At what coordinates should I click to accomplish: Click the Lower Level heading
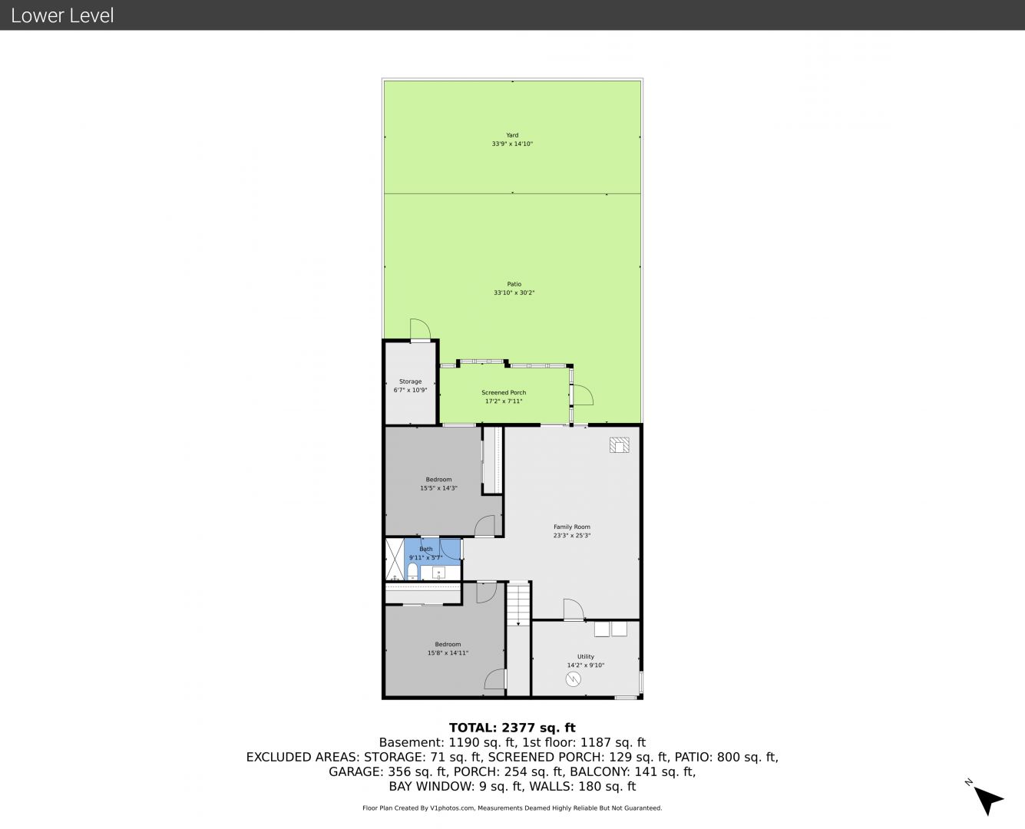pyautogui.click(x=62, y=15)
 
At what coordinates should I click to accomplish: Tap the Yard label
pyautogui.click(x=512, y=135)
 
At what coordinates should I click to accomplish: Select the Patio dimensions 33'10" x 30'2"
pyautogui.click(x=514, y=292)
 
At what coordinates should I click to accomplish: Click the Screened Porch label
pyautogui.click(x=504, y=392)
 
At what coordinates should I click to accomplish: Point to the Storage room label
pyautogui.click(x=410, y=381)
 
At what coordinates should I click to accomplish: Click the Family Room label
pyautogui.click(x=572, y=527)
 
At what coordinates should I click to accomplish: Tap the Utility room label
pyautogui.click(x=586, y=657)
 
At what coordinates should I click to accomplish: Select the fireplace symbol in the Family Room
pyautogui.click(x=620, y=445)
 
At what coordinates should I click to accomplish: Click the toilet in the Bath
pyautogui.click(x=412, y=571)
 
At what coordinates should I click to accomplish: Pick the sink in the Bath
pyautogui.click(x=439, y=573)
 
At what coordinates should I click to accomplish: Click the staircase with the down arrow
pyautogui.click(x=518, y=604)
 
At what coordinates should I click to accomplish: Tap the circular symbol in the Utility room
pyautogui.click(x=573, y=679)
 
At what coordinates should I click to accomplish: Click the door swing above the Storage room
pyautogui.click(x=420, y=329)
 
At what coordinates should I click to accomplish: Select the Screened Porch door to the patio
pyautogui.click(x=583, y=395)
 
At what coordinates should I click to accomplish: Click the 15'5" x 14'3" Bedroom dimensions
pyautogui.click(x=438, y=488)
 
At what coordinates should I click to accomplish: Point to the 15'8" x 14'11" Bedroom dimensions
pyautogui.click(x=448, y=653)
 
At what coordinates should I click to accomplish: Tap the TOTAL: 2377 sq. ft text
pyautogui.click(x=512, y=728)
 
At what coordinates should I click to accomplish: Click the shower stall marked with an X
pyautogui.click(x=395, y=559)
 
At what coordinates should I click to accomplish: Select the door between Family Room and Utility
pyautogui.click(x=574, y=609)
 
